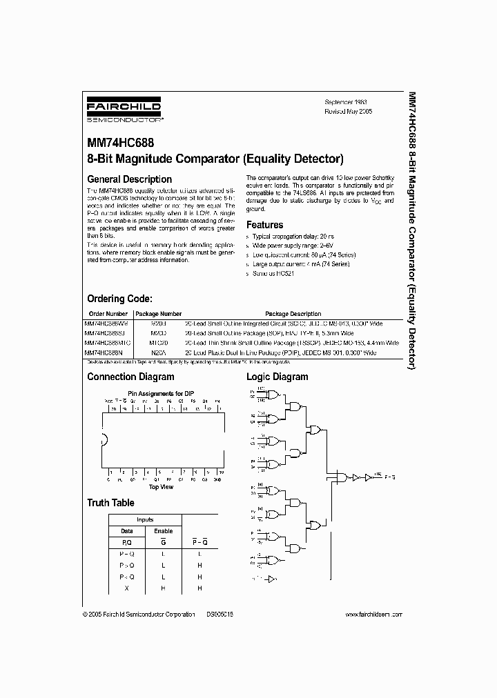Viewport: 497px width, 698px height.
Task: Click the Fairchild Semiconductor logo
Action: click(x=124, y=111)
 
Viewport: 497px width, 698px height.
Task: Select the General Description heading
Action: click(x=129, y=179)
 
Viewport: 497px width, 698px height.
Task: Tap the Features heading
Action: click(x=265, y=225)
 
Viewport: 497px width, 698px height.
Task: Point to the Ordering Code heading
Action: click(x=119, y=299)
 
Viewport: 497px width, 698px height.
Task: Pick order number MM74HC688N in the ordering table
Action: click(x=104, y=352)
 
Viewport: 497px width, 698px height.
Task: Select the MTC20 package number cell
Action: click(x=158, y=343)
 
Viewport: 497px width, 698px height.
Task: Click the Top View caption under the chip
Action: click(x=161, y=487)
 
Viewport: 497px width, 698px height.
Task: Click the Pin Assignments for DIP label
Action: click(x=161, y=393)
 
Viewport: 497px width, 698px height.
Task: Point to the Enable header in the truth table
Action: click(x=163, y=531)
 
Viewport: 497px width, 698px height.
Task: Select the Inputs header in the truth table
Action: click(x=145, y=519)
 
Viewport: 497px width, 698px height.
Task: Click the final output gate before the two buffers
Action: click(x=340, y=477)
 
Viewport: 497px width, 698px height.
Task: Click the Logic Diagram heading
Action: click(x=277, y=377)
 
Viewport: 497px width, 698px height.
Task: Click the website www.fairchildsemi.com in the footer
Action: click(x=373, y=614)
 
